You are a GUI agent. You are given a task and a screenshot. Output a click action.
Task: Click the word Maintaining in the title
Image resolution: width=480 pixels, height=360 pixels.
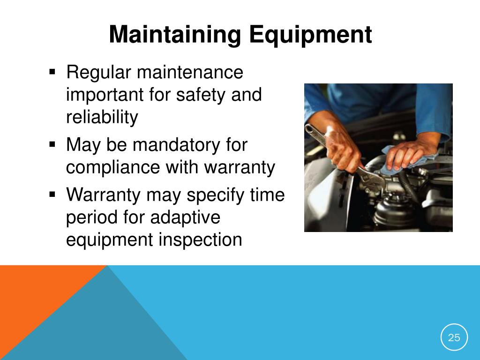175,34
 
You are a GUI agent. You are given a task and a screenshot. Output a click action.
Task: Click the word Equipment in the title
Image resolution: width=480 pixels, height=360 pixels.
310,34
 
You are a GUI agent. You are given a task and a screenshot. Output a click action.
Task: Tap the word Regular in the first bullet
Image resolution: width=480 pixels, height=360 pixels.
98,73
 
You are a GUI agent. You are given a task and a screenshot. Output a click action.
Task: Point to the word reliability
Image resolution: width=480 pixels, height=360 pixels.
102,117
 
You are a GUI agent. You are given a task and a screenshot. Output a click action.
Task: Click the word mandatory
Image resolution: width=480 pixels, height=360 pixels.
176,144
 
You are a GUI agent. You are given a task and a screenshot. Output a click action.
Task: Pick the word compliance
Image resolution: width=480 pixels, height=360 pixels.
113,167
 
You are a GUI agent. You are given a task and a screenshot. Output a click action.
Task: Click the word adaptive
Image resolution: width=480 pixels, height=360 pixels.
185,217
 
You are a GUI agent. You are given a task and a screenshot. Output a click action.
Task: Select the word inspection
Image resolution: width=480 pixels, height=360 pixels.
200,240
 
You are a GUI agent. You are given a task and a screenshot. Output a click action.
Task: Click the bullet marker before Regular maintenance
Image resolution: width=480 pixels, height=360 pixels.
52,72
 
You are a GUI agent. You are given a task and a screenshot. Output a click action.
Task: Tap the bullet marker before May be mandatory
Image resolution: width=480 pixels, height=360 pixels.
52,144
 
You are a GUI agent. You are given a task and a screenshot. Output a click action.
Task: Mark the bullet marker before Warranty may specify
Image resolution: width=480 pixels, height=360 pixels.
52,194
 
